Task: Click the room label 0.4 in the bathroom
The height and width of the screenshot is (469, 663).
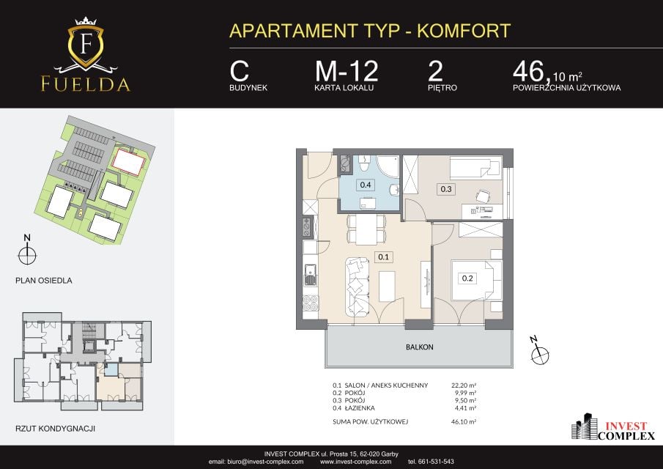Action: (x=366, y=185)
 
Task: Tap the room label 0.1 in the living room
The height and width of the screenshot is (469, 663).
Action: (x=383, y=256)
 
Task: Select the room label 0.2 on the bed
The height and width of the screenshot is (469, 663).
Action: (x=467, y=278)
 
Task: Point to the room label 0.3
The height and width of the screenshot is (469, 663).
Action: (x=446, y=189)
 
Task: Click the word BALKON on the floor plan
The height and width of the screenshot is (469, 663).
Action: (x=420, y=347)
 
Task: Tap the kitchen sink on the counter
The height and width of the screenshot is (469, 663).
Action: (x=310, y=274)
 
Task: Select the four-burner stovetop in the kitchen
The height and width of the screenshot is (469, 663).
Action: (x=311, y=303)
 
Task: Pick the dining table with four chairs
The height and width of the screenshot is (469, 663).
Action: (x=366, y=229)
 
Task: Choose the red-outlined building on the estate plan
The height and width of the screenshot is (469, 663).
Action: (x=128, y=161)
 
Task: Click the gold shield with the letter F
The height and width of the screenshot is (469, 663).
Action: (x=86, y=45)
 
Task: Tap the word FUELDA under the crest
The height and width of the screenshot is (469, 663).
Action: (x=86, y=84)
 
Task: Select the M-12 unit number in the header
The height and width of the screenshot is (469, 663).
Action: (x=347, y=71)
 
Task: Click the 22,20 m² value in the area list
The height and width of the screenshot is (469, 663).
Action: (x=464, y=385)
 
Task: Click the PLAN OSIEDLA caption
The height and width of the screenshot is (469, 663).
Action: (x=43, y=281)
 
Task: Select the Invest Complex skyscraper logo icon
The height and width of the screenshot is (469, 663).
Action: (x=584, y=426)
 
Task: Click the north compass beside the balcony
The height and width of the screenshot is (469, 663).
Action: (x=539, y=352)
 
